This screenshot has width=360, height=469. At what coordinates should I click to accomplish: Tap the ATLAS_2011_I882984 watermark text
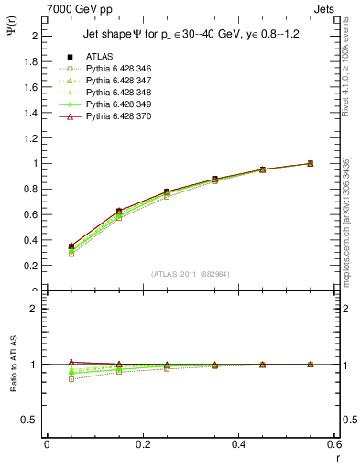pos(191,274)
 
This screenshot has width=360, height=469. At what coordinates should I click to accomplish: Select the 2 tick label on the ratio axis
pos(35,309)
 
